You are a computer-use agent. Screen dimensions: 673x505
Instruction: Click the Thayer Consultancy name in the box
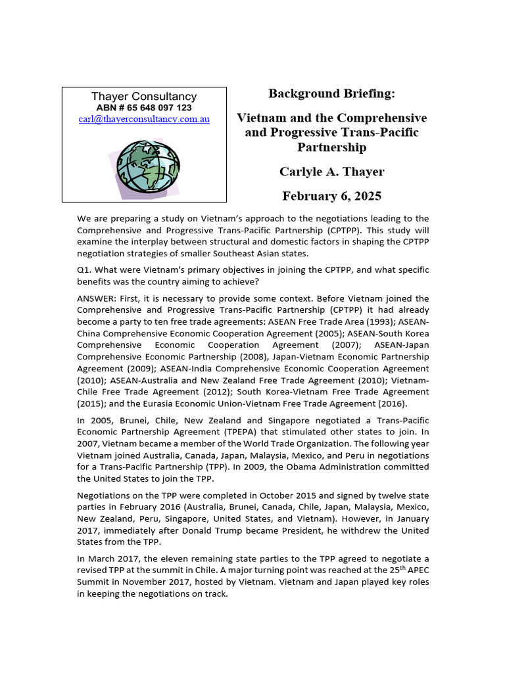coord(144,97)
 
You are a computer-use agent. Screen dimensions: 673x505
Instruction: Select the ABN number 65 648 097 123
coord(144,108)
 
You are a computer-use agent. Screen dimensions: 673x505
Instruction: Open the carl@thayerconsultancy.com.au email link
coord(144,120)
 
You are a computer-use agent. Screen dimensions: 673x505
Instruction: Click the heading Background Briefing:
coord(332,94)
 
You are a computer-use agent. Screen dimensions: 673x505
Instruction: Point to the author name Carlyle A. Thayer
coord(332,172)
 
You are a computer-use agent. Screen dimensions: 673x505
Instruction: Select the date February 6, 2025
coord(332,196)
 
